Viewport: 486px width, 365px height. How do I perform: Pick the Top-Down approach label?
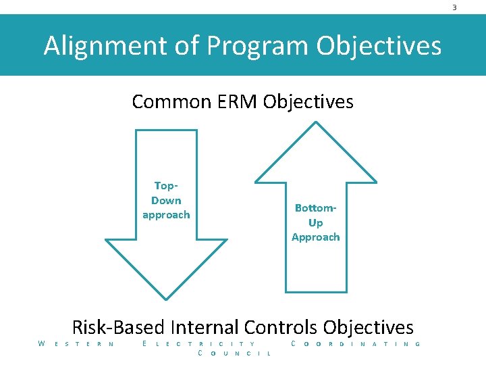click(166, 200)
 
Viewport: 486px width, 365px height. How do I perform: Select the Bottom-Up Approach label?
click(315, 222)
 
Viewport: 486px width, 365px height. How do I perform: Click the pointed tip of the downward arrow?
click(167, 298)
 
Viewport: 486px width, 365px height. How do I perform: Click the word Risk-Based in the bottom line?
click(119, 327)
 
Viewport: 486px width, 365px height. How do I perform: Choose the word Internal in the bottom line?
click(205, 327)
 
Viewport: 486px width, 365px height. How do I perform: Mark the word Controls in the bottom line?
click(281, 327)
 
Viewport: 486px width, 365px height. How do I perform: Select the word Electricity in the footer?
click(200, 344)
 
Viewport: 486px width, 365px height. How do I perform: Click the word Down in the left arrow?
click(166, 200)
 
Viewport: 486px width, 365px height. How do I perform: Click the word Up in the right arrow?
click(315, 222)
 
